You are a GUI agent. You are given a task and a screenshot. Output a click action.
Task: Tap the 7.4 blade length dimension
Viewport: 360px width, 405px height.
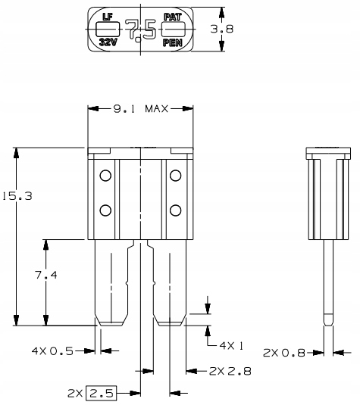pyautogui.click(x=49, y=276)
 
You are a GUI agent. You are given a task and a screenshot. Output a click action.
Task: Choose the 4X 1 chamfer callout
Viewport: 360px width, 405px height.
pyautogui.click(x=230, y=345)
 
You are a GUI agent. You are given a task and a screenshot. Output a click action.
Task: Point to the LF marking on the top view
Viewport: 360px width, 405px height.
pyautogui.click(x=108, y=15)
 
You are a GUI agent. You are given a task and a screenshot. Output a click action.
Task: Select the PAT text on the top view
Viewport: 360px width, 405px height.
pyautogui.click(x=172, y=16)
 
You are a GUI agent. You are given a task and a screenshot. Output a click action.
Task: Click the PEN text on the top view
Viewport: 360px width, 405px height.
pyautogui.click(x=172, y=42)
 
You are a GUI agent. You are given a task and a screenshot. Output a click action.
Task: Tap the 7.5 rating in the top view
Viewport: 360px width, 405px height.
pyautogui.click(x=140, y=30)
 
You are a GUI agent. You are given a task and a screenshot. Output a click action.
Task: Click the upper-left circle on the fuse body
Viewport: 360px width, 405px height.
pyautogui.click(x=105, y=176)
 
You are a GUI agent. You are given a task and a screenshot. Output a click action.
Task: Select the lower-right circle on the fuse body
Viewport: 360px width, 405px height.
pyautogui.click(x=175, y=210)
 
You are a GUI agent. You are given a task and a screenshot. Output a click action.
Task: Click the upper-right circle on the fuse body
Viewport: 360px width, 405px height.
pyautogui.click(x=175, y=176)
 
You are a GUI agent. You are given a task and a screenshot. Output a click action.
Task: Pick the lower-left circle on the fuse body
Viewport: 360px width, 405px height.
pyautogui.click(x=105, y=210)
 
